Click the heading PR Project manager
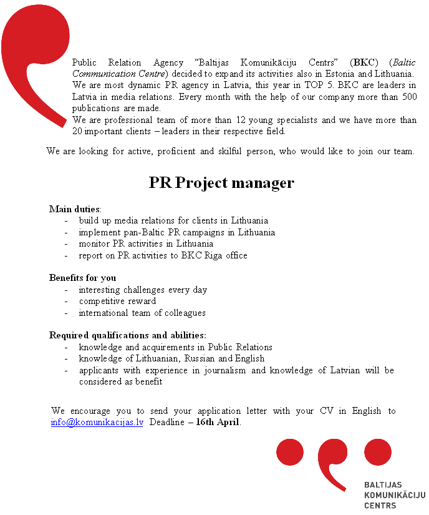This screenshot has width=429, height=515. point(221,183)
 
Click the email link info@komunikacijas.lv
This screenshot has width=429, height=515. point(97,422)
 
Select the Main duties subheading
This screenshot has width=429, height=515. point(75,209)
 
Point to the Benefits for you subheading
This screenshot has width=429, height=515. point(82,278)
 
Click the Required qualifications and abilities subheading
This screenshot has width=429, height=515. point(127,335)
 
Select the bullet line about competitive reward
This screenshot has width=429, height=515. point(117,301)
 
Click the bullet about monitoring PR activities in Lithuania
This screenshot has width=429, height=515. point(146,243)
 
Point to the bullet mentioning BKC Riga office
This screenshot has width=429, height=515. point(163,255)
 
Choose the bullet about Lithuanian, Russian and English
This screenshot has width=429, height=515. point(171,358)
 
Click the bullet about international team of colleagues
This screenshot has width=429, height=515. point(142,313)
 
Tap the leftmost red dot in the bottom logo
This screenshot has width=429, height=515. point(289,452)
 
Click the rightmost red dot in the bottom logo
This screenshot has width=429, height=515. point(378,452)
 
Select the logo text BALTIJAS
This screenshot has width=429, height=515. point(382,485)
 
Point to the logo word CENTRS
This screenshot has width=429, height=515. point(380,505)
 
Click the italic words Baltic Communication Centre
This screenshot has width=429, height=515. point(118,74)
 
